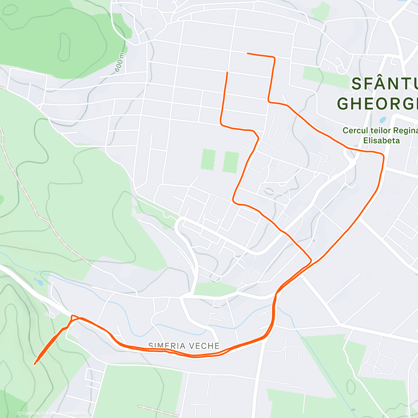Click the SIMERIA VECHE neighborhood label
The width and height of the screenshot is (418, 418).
coord(184,346)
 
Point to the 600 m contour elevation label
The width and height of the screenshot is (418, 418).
coord(119,63)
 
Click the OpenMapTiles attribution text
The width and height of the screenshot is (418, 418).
coord(34,413)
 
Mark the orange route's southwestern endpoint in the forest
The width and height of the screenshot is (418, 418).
coord(35,364)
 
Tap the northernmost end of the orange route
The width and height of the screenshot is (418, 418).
coord(248,53)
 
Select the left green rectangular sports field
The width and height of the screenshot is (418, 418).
coord(208,160)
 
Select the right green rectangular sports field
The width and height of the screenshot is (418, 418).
coord(230,162)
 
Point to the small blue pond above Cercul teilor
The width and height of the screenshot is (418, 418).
coord(383,120)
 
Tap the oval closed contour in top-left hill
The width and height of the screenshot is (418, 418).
coord(64,46)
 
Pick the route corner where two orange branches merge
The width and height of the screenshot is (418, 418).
coord(310,260)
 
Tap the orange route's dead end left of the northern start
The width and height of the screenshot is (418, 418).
coord(227,72)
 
